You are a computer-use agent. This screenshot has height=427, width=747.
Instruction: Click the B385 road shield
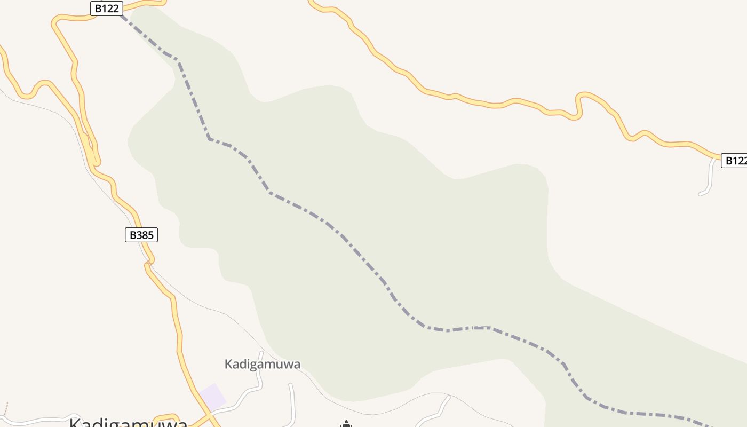141,235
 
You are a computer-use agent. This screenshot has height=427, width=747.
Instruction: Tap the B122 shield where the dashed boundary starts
107,9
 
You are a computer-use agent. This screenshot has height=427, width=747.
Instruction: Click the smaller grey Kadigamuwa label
263,365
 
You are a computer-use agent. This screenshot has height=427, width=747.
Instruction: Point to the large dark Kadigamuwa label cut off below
128,423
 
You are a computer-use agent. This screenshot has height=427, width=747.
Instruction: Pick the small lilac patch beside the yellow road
213,397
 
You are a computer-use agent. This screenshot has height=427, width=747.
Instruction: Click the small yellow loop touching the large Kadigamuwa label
165,417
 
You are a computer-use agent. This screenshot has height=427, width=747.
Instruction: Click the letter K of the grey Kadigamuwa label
228,365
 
